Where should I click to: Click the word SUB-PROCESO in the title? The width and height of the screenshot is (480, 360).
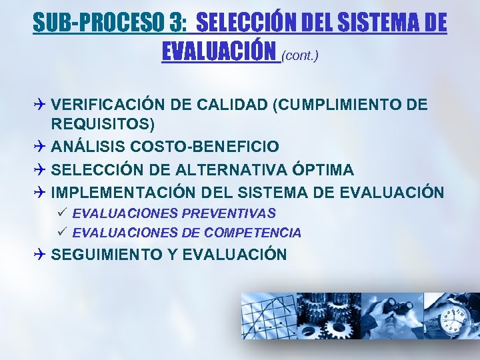click(99, 24)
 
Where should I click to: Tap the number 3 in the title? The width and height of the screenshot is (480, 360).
click(177, 24)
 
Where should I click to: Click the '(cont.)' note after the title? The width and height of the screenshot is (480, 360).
click(300, 56)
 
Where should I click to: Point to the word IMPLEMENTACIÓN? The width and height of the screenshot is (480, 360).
click(123, 193)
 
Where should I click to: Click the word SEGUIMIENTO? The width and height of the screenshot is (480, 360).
click(113, 254)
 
